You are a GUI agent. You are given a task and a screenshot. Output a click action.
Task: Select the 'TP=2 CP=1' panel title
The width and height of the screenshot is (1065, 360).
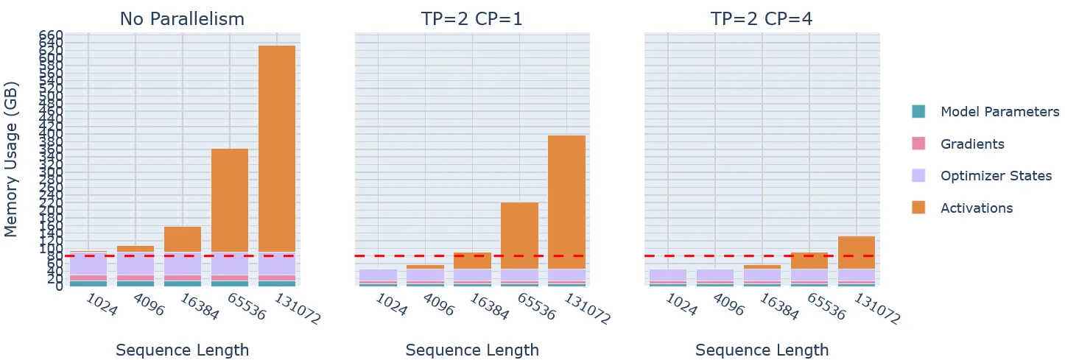coord(472,19)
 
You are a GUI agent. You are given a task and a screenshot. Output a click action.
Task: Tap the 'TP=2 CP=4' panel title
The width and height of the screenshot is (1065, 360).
coord(762,19)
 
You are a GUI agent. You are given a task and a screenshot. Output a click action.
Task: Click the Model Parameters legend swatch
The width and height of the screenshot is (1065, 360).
coord(918,112)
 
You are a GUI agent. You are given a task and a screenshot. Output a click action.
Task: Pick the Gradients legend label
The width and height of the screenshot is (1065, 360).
coord(972,144)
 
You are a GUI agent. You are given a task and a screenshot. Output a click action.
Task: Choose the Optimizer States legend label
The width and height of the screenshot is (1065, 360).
coord(996,176)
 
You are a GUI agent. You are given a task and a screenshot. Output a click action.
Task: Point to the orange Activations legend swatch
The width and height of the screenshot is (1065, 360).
coord(918,208)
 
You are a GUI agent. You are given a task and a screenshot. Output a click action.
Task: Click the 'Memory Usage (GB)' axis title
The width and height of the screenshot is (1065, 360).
coord(11,158)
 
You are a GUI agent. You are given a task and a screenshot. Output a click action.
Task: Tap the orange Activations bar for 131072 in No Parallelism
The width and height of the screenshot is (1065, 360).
coord(277,147)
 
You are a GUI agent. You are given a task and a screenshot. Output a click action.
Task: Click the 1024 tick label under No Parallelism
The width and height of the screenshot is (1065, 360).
coord(101,304)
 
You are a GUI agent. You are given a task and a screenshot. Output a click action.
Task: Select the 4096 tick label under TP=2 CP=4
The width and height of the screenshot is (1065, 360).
coord(728,304)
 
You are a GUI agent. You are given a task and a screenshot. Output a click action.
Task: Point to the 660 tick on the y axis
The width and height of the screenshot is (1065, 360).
coord(51,35)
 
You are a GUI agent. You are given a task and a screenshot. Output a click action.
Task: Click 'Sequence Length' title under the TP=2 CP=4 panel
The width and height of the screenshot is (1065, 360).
coord(762,350)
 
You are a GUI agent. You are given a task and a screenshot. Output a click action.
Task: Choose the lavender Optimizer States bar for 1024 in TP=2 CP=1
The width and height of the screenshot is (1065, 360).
coord(379,275)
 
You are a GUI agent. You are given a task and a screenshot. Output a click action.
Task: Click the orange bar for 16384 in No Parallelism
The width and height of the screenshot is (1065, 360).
coord(183,239)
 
